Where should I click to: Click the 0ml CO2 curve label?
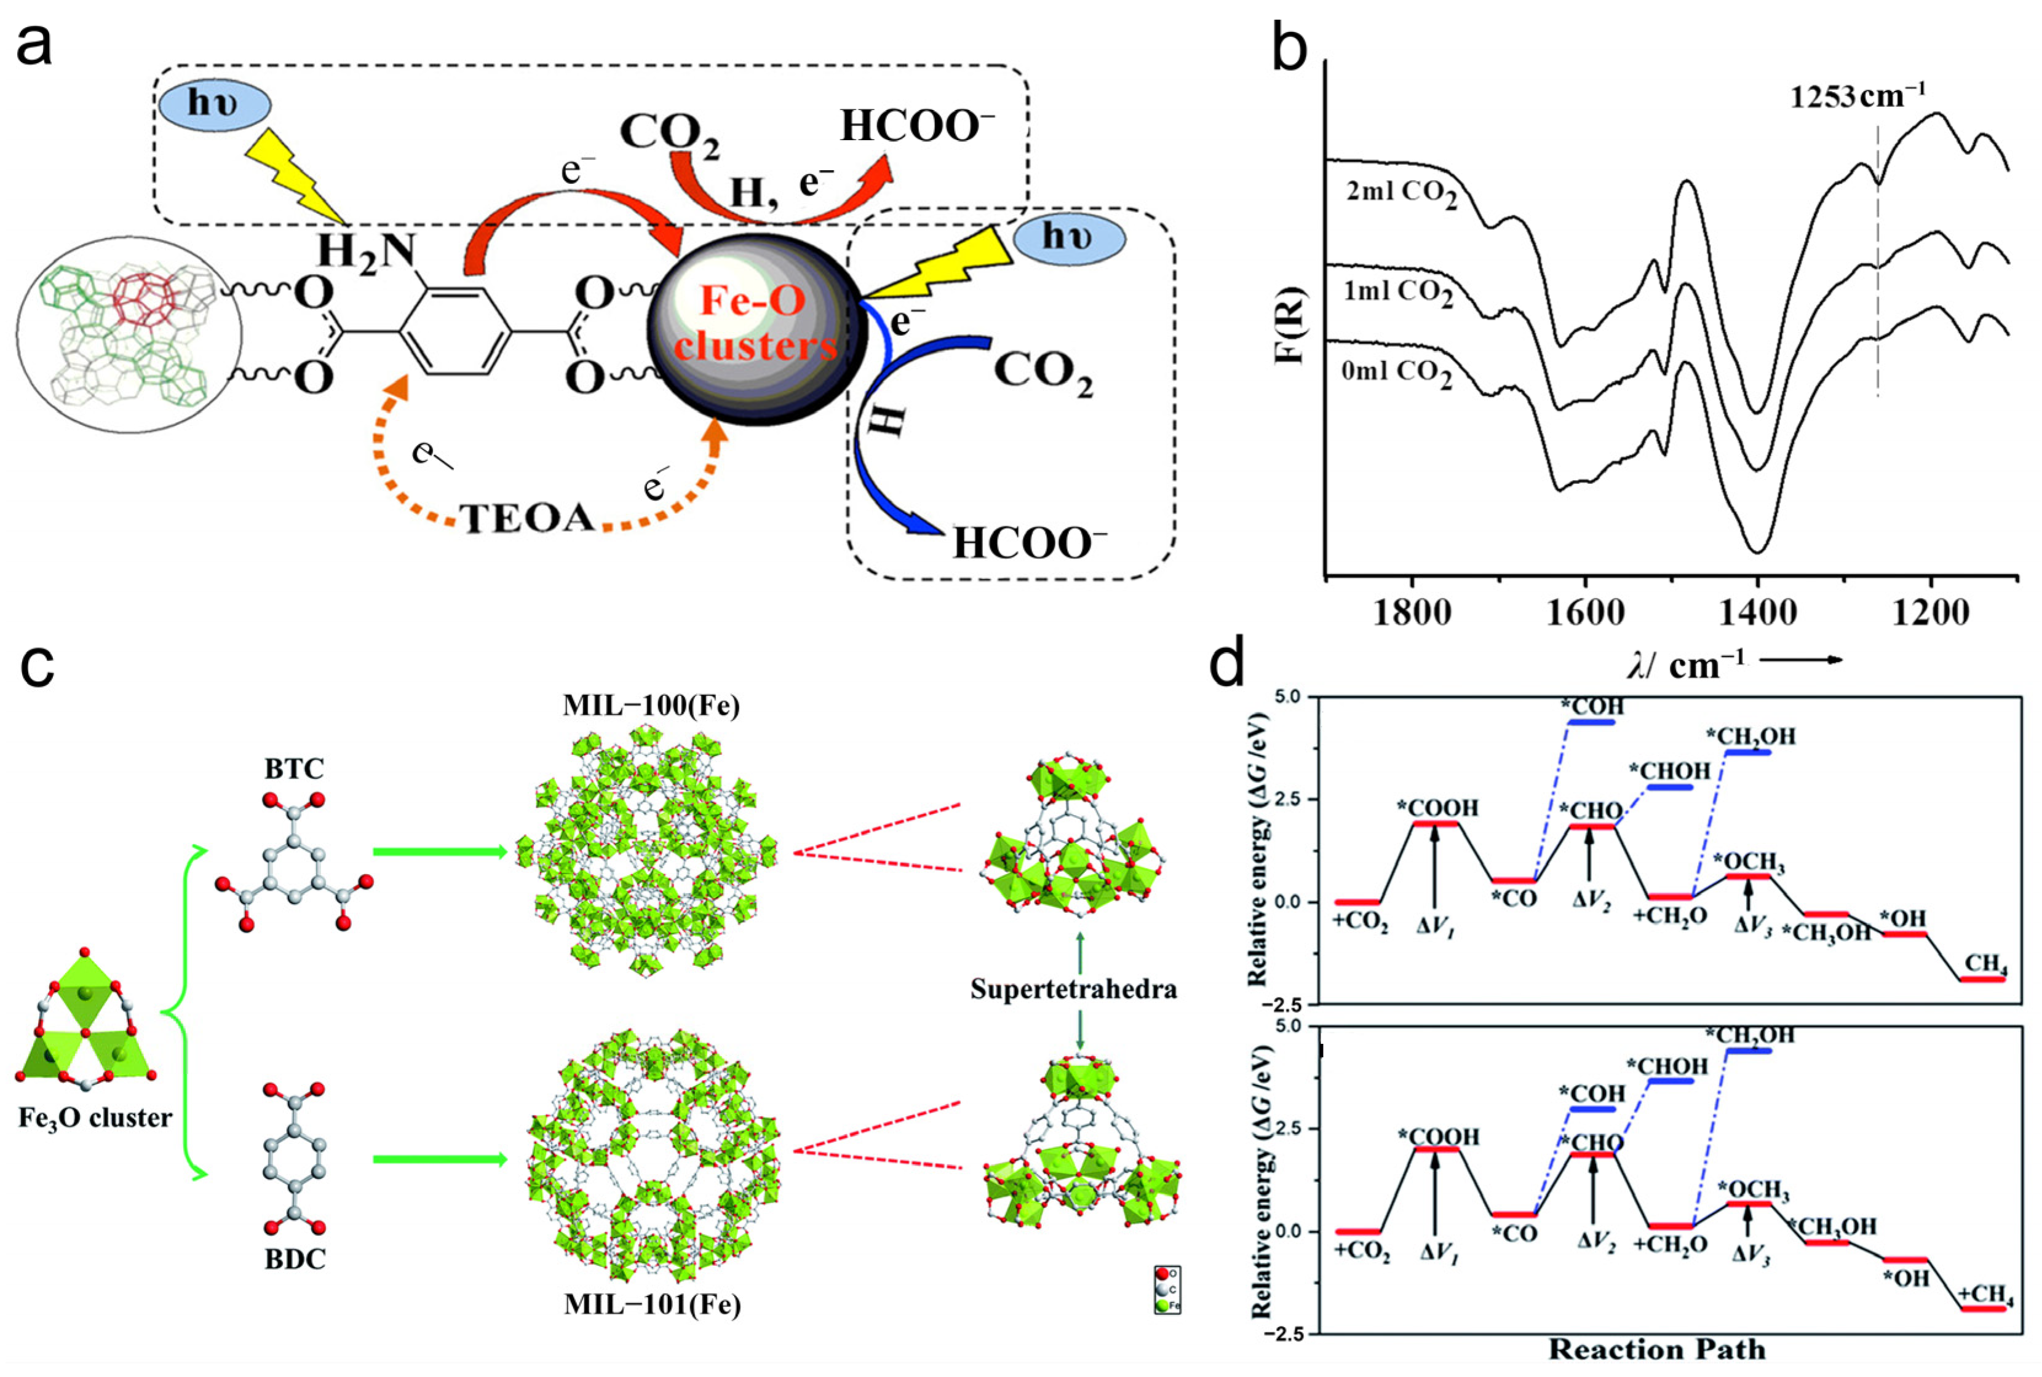coord(1396,373)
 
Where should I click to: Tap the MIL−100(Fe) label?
coord(651,706)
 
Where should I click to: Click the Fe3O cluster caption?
coord(95,1118)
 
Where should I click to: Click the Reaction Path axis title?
coord(1656,1349)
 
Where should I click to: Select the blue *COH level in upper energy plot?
coord(1591,722)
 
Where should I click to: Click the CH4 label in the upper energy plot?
coord(1986,963)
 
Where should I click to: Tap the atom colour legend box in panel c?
coord(1167,1289)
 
